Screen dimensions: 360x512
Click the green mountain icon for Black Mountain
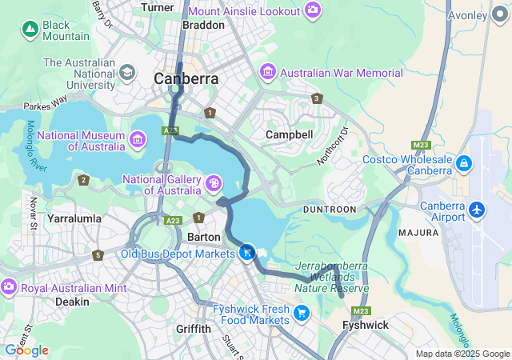[x=30, y=30]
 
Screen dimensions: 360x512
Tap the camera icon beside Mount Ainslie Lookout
[x=313, y=11]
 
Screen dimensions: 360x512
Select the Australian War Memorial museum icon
[x=268, y=73]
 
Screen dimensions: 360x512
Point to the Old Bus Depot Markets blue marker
[x=247, y=254]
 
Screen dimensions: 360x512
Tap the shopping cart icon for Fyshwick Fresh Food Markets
[x=302, y=313]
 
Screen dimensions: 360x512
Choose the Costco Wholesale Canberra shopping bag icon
[x=463, y=163]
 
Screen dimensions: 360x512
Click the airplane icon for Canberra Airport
[x=478, y=210]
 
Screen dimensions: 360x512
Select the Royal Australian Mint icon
[x=9, y=286]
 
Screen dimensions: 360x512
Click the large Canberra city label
[x=186, y=79]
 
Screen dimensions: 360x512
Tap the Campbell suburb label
[x=289, y=134]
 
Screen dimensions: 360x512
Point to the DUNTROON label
[x=329, y=209]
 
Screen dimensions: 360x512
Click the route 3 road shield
[x=318, y=98]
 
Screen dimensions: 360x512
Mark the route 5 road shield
[x=98, y=255]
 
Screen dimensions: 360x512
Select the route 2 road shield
[x=83, y=180]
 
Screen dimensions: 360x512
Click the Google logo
[x=26, y=350]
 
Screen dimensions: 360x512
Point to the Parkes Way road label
[x=46, y=105]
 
